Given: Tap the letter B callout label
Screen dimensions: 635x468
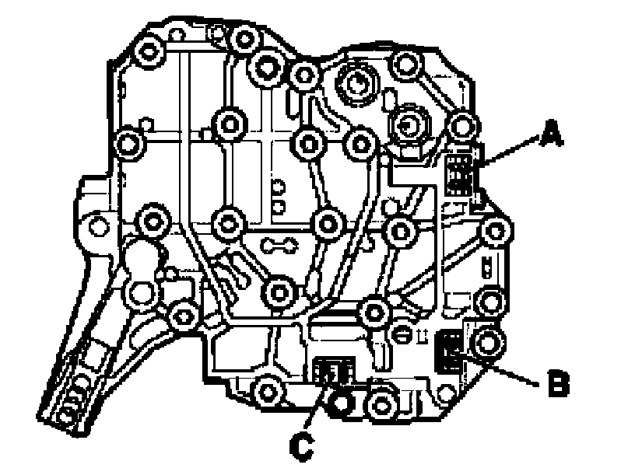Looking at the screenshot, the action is click(x=558, y=383).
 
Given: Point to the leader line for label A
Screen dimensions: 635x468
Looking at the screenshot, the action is click(x=510, y=152).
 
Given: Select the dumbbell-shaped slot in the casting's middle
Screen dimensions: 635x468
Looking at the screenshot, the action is click(x=278, y=246).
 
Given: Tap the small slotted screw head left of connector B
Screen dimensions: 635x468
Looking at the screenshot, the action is click(x=404, y=332).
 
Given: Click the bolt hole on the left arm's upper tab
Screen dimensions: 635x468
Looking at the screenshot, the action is click(x=96, y=225).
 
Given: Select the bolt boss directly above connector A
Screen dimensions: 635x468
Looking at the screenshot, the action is click(x=465, y=125).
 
